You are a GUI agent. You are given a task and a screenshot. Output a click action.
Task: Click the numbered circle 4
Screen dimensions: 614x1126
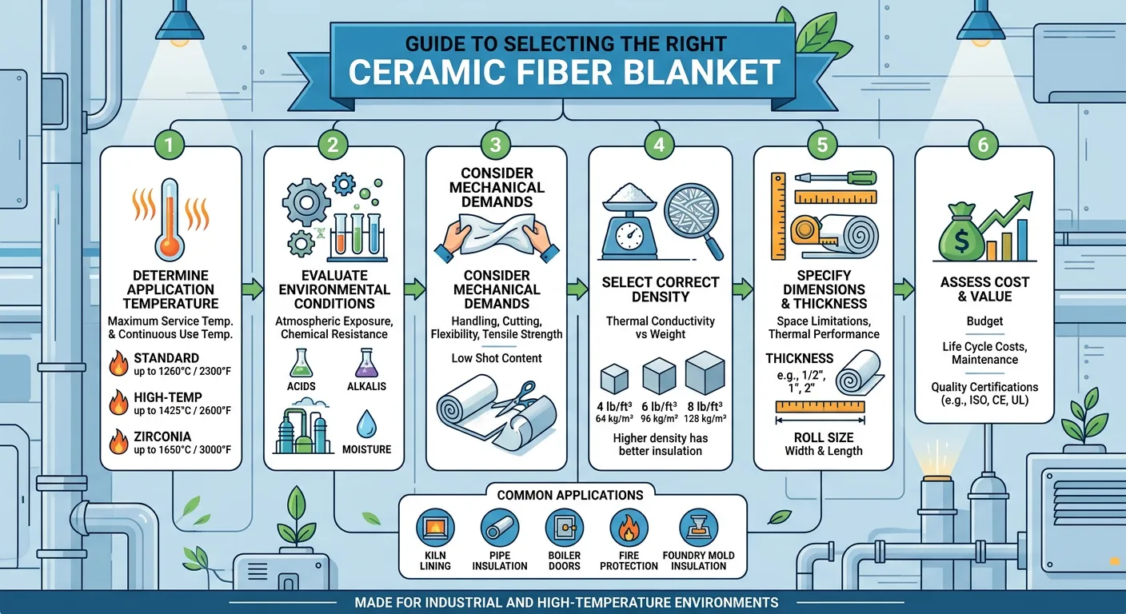coord(659,145)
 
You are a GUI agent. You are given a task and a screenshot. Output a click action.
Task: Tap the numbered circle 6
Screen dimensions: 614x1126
coord(983,145)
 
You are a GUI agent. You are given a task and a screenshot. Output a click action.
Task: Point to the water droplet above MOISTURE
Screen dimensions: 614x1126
coord(367,424)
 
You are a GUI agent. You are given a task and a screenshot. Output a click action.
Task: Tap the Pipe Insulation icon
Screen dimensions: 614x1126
coord(500,529)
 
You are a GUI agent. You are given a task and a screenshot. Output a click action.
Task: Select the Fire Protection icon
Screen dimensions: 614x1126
coord(628,529)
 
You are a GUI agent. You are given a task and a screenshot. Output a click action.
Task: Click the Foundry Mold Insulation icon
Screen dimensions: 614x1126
coord(698,529)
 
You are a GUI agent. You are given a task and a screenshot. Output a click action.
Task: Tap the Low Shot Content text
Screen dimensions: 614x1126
coord(497,357)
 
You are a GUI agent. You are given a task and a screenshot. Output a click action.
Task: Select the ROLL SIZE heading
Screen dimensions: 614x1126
coord(823,437)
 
